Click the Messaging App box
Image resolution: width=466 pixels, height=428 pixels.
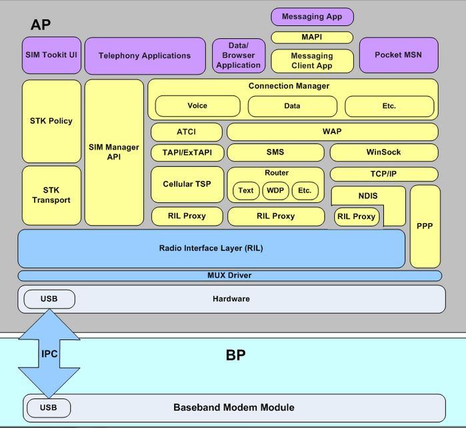click(x=312, y=17)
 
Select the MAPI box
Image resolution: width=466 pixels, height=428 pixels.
click(x=312, y=37)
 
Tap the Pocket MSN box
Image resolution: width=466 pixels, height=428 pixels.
click(x=398, y=55)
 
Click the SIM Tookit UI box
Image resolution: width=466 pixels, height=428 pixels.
click(x=51, y=55)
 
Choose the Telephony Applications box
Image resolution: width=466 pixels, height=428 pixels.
click(x=145, y=55)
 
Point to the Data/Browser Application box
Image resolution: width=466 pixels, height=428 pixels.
click(x=238, y=55)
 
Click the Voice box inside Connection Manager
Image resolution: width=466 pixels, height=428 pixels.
click(x=197, y=105)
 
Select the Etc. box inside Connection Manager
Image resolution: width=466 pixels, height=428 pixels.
click(x=389, y=105)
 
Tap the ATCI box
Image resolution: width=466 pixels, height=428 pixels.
click(x=187, y=132)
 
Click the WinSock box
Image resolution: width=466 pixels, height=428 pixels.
click(x=384, y=152)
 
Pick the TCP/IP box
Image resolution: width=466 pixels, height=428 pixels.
click(x=384, y=174)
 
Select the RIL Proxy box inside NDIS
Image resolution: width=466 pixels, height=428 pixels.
click(x=356, y=216)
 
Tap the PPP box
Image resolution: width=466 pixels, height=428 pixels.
click(x=425, y=226)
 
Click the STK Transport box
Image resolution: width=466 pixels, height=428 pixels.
click(x=51, y=195)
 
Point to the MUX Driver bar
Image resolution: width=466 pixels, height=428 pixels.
click(x=229, y=275)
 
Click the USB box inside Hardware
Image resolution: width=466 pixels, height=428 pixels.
click(x=49, y=298)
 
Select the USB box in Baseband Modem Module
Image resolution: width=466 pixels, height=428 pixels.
click(x=49, y=407)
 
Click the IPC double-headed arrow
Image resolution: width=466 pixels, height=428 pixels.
click(x=49, y=354)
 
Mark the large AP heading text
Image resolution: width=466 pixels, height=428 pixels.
click(x=41, y=25)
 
